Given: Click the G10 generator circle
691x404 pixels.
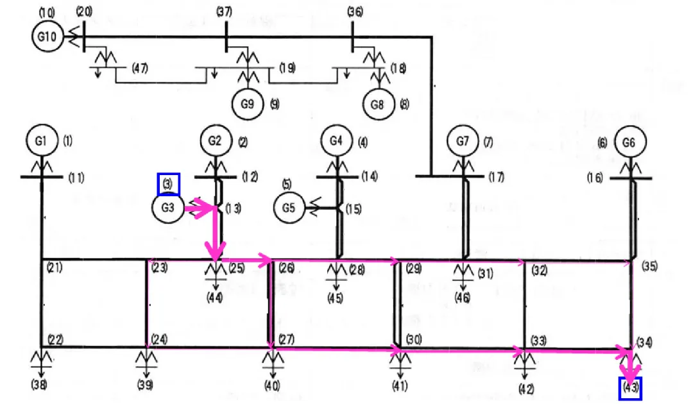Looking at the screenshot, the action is coord(47,36).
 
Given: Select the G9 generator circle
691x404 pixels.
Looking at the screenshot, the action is coord(248,104).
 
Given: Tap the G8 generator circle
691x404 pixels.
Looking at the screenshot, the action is coord(378,105).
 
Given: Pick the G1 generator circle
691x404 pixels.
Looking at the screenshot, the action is coord(42,141).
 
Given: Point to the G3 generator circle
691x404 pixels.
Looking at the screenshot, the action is coord(167,208).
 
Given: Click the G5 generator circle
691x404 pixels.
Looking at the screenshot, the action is coord(289,208).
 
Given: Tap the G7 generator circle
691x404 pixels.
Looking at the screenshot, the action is coord(463,141).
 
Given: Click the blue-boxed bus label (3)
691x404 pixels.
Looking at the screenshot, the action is coord(168,184).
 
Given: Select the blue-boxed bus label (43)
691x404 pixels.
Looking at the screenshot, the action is coord(630,389).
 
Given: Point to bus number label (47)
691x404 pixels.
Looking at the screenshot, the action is coord(140,68).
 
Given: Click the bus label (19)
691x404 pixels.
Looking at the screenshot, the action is coord(287,68).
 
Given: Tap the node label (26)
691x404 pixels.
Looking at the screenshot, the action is coord(286,267).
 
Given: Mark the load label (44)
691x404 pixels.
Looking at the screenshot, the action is coord(215,298).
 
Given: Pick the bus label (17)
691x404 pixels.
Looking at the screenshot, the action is coord(496,177).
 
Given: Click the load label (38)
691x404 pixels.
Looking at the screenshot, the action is coord(39,385).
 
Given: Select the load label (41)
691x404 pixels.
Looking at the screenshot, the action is coord(400,386).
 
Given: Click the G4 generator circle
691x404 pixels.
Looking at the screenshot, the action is coord(336,141).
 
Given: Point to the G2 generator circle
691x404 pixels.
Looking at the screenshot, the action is coord(216,141).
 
